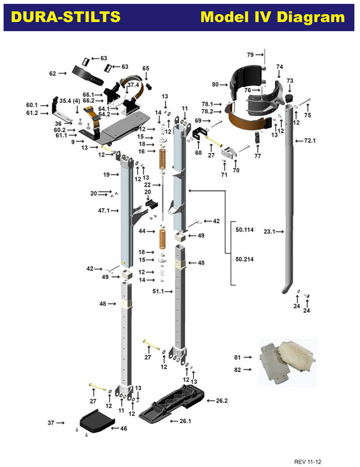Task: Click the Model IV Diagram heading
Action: pyautogui.click(x=272, y=17)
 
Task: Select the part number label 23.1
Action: pyautogui.click(x=271, y=231)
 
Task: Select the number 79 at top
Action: pyautogui.click(x=250, y=54)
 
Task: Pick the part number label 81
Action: pyautogui.click(x=239, y=358)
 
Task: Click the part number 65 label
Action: pyautogui.click(x=146, y=68)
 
